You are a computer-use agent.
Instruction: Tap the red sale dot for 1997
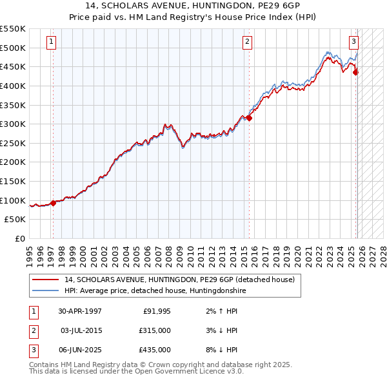(54, 203)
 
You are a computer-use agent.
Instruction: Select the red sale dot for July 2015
(249, 118)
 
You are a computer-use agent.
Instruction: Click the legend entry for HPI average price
(155, 290)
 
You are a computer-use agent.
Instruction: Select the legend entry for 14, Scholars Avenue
(179, 280)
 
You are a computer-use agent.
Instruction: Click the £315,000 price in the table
(155, 330)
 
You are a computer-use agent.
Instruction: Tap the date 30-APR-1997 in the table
(79, 311)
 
